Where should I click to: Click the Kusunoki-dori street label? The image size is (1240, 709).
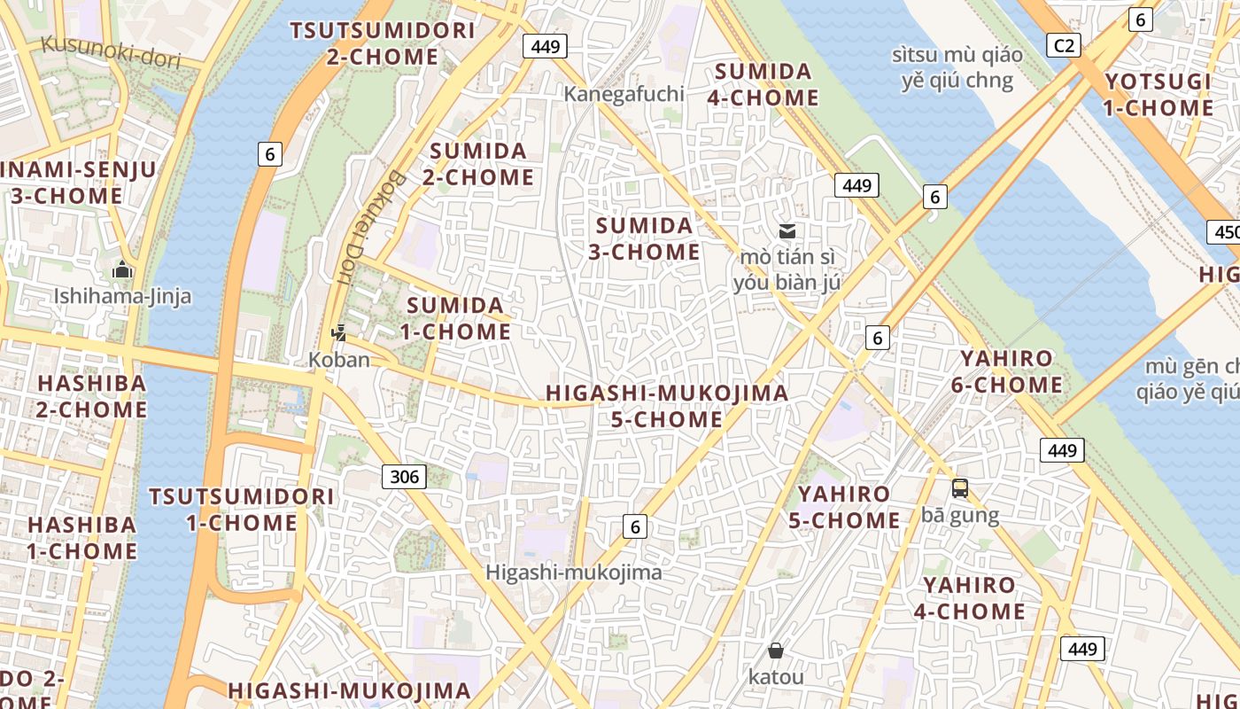tap(111, 52)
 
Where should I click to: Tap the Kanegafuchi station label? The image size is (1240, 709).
tap(625, 94)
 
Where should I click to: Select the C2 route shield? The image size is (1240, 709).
tap(1063, 45)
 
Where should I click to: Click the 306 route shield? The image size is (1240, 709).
tap(404, 477)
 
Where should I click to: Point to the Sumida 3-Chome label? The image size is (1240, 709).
tap(645, 238)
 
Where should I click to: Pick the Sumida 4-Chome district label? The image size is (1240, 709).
tap(763, 84)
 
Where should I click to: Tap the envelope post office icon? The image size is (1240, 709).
tap(787, 231)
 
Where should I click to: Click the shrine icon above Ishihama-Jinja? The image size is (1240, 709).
tap(122, 269)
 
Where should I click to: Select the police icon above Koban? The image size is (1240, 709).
tap(338, 333)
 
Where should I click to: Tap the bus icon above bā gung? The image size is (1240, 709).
tap(960, 488)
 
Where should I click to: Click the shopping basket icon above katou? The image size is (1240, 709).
tap(776, 651)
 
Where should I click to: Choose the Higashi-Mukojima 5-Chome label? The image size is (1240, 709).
tap(667, 406)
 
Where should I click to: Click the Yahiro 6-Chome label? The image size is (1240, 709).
tap(1007, 372)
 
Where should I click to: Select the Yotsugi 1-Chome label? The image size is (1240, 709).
tap(1159, 95)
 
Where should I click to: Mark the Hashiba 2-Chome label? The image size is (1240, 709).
tap(91, 396)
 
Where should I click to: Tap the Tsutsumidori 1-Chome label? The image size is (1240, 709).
tap(242, 510)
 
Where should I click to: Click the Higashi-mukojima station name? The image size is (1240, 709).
tap(574, 573)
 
